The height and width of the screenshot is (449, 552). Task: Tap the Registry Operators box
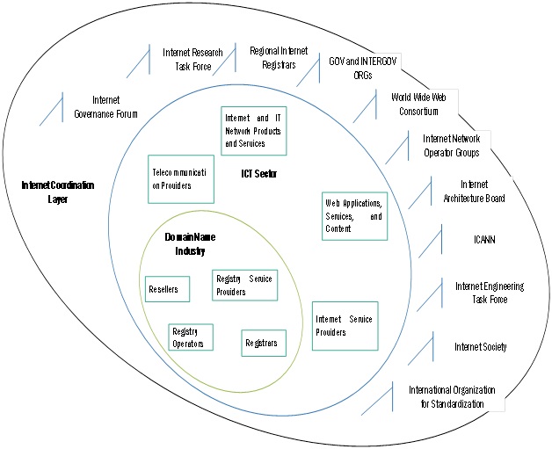coord(191,338)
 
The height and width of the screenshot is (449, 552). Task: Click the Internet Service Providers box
coord(345,325)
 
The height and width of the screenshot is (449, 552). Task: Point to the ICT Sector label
coord(258,174)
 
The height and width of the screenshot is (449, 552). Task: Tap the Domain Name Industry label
coord(191,244)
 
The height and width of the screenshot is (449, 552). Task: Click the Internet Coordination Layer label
coord(57,192)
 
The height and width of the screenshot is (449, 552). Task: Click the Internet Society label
coord(480,346)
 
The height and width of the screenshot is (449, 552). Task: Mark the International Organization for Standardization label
coord(452,396)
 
